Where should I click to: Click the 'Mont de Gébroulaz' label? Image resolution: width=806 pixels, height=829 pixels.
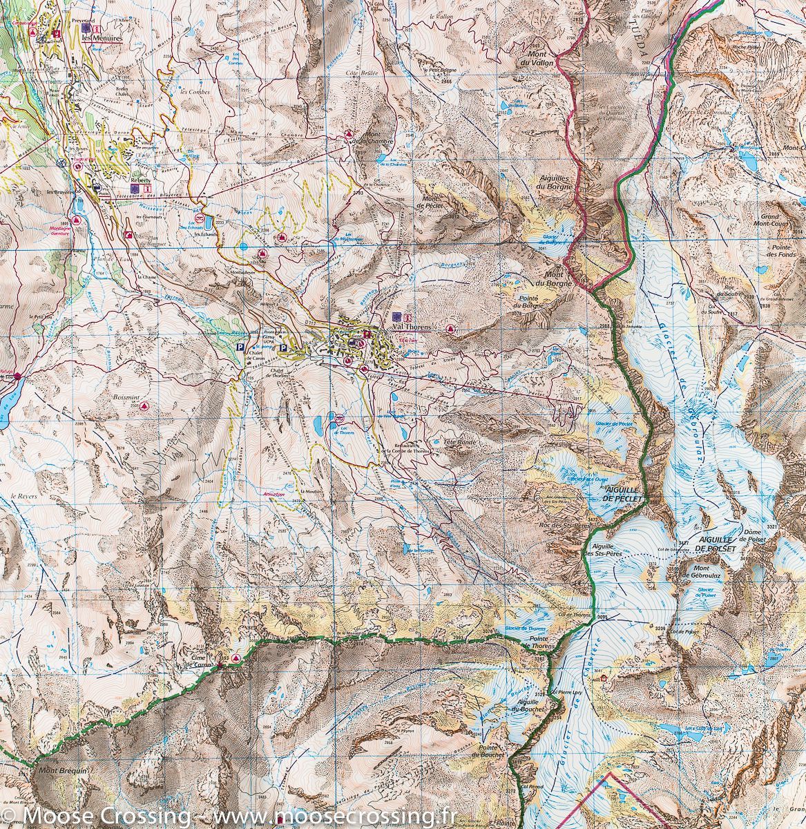point(700,571)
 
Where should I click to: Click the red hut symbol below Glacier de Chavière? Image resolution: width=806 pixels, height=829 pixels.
point(604,678)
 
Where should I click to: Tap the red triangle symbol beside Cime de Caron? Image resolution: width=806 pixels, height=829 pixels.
point(237,658)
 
